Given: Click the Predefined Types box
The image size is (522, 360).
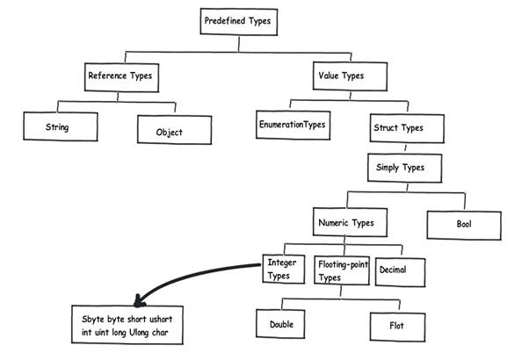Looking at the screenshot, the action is click(239, 22).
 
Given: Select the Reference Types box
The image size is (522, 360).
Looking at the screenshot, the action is click(121, 77).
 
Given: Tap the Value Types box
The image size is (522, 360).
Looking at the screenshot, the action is click(350, 76).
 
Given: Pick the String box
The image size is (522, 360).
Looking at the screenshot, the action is click(61, 126).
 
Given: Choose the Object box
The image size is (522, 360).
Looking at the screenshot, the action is click(175, 130).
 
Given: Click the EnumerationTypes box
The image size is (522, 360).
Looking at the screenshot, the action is click(293, 125).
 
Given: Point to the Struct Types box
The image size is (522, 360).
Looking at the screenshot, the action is click(407, 128).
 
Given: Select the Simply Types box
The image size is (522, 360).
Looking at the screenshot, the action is click(405, 168).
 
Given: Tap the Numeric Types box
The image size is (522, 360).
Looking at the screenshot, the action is click(350, 222).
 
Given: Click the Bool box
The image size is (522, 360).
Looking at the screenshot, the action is click(464, 226).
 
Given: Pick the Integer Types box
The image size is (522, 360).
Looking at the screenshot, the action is click(284, 270).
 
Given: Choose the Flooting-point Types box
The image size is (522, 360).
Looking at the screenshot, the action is click(342, 270).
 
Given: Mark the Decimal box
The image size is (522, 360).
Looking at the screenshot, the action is click(400, 272).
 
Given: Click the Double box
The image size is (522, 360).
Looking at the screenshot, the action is click(280, 324).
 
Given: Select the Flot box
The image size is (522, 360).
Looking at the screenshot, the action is click(397, 327).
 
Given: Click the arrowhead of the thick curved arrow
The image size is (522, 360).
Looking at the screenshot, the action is click(139, 301).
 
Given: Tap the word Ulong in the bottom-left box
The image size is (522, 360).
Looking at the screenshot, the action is click(139, 333).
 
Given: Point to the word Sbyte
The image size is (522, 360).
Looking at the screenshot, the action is click(93, 320).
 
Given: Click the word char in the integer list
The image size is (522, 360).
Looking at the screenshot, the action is click(161, 332).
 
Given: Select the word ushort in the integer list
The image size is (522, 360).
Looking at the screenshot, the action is click(161, 319).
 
